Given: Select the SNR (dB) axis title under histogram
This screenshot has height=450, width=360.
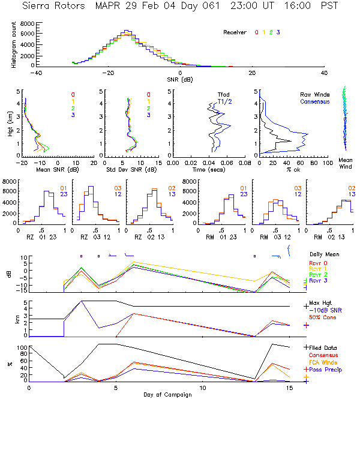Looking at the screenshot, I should (x=179, y=80).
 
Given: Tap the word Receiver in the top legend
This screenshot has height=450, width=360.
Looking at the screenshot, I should (x=235, y=32).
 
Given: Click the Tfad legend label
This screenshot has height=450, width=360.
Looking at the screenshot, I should (x=223, y=94).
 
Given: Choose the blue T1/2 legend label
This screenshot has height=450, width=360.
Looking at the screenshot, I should (x=223, y=101).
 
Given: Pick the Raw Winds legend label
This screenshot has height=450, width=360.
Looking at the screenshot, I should (x=314, y=94).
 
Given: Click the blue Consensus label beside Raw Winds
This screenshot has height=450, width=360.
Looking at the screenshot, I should (x=314, y=101).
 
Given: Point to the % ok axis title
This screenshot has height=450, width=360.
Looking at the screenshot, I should (x=293, y=170).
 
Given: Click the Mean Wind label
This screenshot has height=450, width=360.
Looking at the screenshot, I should (x=346, y=164).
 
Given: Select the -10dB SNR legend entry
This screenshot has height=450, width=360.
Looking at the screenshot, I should (x=323, y=309).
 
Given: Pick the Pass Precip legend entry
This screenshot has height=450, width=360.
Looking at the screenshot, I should (x=325, y=370).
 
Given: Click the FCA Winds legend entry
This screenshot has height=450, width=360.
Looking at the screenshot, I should (x=323, y=362).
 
